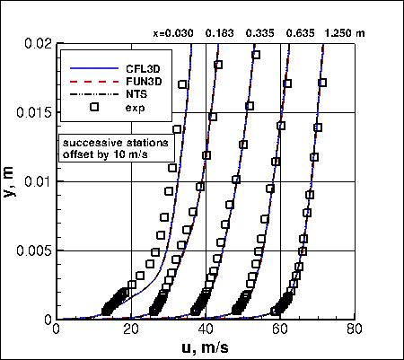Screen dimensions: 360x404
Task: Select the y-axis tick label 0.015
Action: click(35, 112)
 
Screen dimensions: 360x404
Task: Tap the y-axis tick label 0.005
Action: click(35, 250)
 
